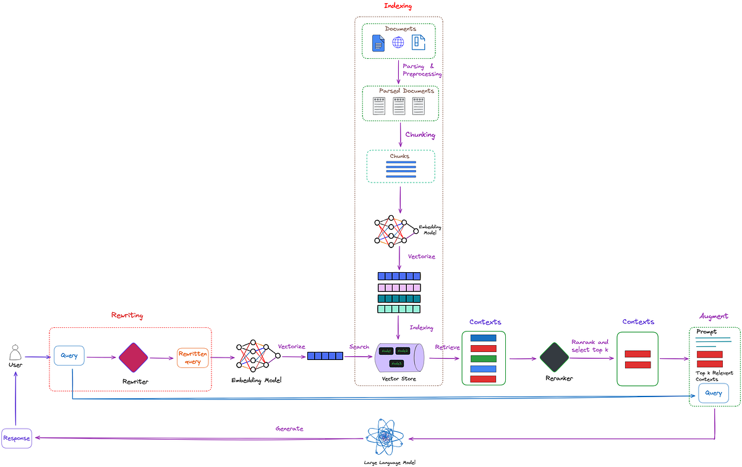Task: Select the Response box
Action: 15,438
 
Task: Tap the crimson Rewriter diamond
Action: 133,358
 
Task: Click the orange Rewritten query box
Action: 193,358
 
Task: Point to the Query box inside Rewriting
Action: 69,356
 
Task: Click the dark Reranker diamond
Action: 554,358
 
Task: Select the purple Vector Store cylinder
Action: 399,358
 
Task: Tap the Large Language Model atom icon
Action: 385,437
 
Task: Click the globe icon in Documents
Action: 398,42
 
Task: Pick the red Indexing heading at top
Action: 398,6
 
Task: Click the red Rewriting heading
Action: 127,315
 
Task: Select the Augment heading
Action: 714,316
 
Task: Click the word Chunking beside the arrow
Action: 420,135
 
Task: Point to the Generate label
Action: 289,428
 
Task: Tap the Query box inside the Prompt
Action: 714,393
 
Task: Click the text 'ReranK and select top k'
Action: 589,346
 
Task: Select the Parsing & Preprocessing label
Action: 422,70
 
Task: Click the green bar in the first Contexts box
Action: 483,358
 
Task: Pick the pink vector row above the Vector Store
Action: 399,288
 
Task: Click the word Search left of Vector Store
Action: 359,346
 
